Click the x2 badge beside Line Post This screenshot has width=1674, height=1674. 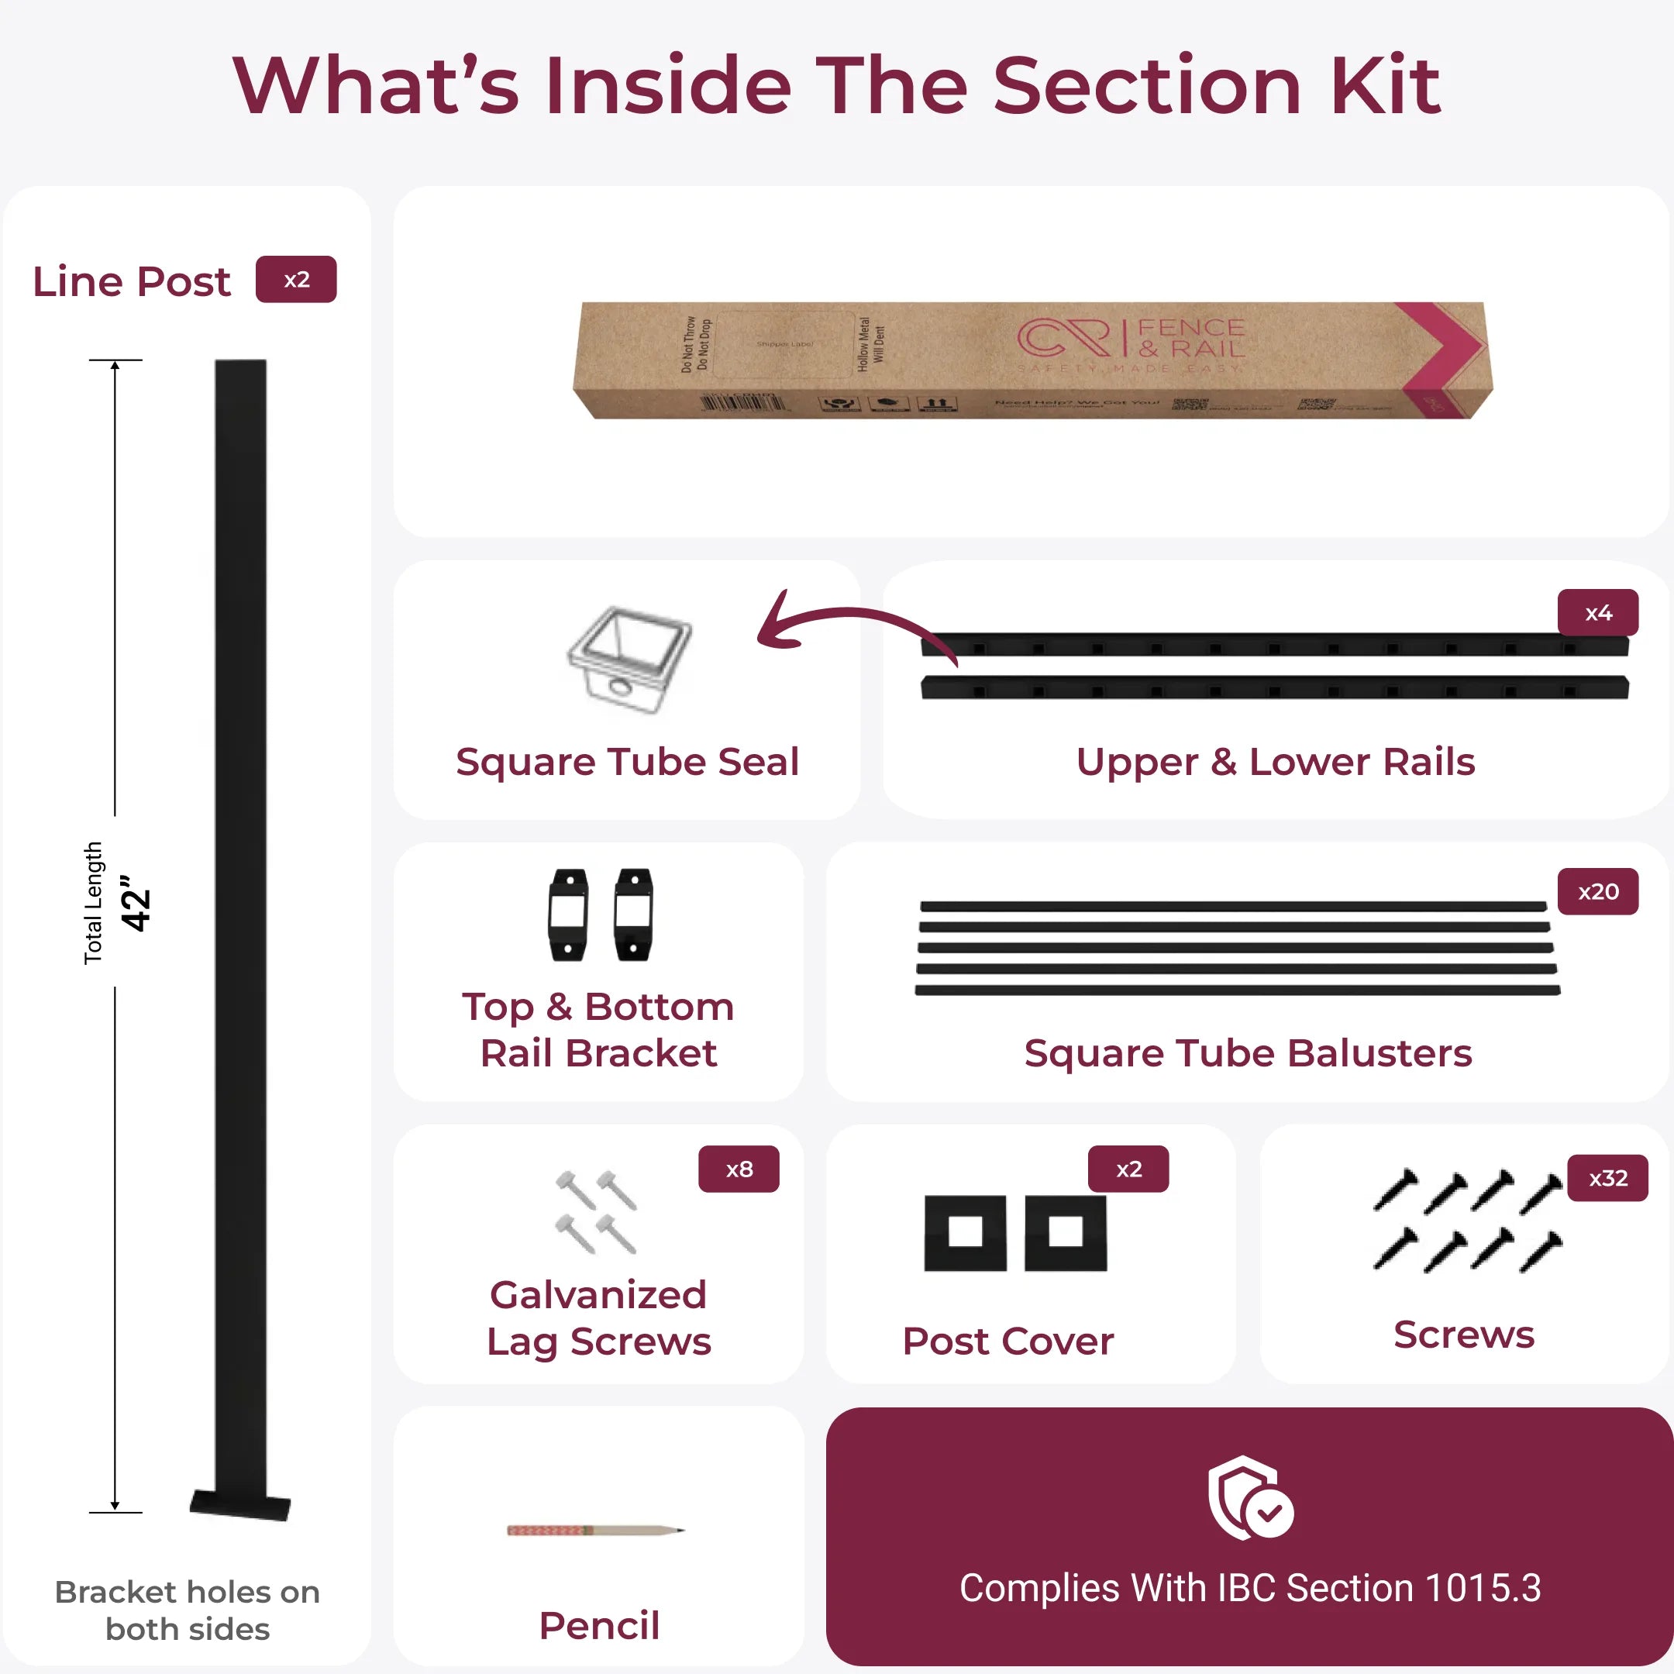coord(295,279)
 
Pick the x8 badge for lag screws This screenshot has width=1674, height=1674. coord(739,1169)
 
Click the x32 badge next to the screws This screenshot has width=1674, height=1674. coord(1607,1177)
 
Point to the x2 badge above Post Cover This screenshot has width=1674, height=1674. coord(1128,1169)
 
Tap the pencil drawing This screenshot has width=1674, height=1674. coord(595,1530)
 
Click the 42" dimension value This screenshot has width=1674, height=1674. coord(136,902)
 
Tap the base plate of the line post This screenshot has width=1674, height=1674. coord(240,1506)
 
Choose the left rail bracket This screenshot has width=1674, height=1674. coord(567,914)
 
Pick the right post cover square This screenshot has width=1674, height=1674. coord(1065,1233)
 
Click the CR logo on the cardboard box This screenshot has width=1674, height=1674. coord(1063,338)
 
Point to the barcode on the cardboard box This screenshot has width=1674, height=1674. coord(742,402)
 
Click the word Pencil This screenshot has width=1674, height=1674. coord(599,1625)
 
